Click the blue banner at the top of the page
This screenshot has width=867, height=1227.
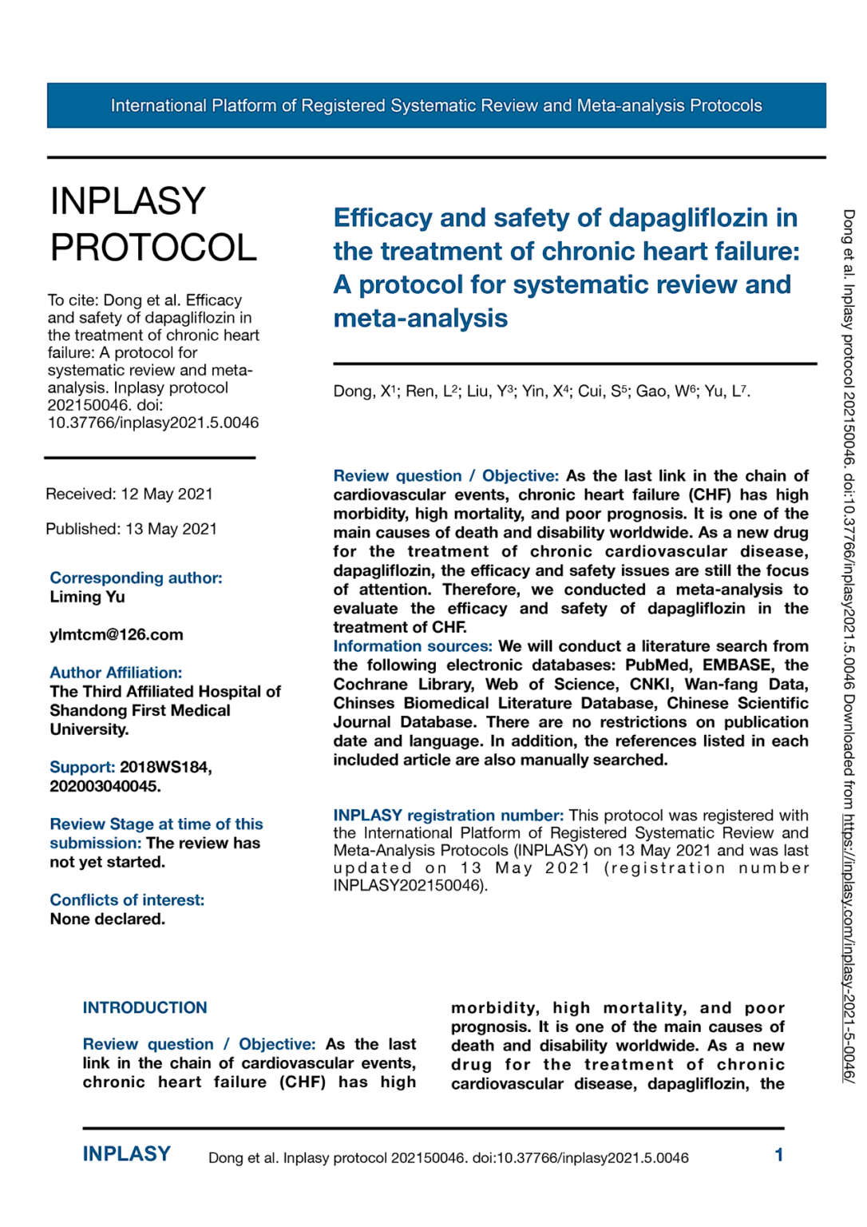point(436,105)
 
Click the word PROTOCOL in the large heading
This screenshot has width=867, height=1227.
point(153,248)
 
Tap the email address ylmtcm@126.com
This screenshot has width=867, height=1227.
point(117,634)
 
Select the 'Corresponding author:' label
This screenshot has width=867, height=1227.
point(136,578)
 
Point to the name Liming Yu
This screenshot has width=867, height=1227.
point(87,597)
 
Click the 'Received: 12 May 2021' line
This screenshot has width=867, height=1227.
point(129,494)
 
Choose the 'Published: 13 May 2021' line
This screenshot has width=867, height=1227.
point(131,529)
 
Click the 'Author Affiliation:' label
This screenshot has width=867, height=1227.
point(116,673)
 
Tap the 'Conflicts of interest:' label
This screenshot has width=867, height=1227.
point(127,899)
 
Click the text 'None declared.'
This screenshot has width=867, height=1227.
point(107,919)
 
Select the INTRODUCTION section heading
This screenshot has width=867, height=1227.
point(144,1007)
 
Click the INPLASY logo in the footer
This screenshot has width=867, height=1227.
point(127,1154)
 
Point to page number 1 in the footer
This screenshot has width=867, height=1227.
point(778,1154)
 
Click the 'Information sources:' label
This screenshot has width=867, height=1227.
point(412,646)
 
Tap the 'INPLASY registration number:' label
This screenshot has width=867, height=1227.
point(448,815)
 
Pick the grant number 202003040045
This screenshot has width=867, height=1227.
point(105,786)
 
